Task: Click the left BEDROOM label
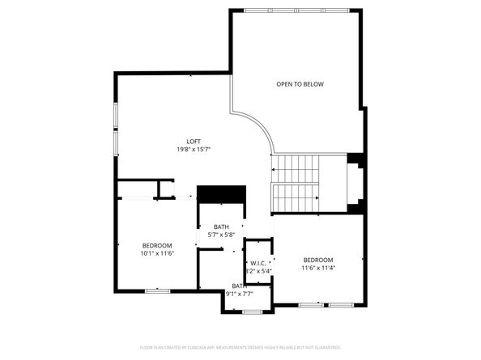pyautogui.click(x=157, y=245)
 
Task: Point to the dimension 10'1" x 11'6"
pyautogui.click(x=157, y=253)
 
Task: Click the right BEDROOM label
pyautogui.click(x=317, y=260)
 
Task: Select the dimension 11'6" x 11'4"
pyautogui.click(x=317, y=268)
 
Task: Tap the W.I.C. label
pyautogui.click(x=258, y=263)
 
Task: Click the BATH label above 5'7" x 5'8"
pyautogui.click(x=221, y=227)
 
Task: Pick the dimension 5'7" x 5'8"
pyautogui.click(x=221, y=235)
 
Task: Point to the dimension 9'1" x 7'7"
pyautogui.click(x=240, y=294)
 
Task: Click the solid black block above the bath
pyautogui.click(x=222, y=195)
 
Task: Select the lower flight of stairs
pyautogui.click(x=296, y=197)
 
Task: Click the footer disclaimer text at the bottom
pyautogui.click(x=240, y=346)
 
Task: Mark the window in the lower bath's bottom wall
pyautogui.click(x=249, y=312)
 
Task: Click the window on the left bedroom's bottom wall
pyautogui.click(x=157, y=290)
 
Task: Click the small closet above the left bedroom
pyautogui.click(x=166, y=189)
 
